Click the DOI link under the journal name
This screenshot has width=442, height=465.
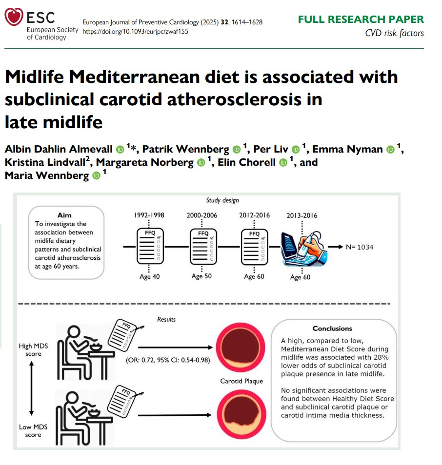click(136, 32)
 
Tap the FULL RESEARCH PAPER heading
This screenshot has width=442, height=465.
click(361, 19)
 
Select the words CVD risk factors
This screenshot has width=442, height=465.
click(394, 33)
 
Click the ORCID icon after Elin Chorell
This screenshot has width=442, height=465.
click(283, 163)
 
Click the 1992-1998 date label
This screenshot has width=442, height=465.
click(149, 215)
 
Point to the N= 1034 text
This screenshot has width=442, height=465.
click(360, 247)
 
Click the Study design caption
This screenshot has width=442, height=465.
click(222, 200)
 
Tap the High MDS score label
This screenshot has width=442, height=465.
click(33, 350)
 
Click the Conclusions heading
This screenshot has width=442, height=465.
click(332, 329)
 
